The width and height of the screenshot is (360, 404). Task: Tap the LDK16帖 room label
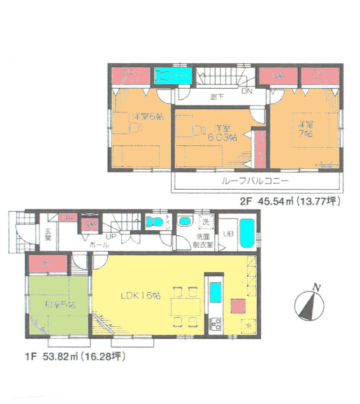click(141, 296)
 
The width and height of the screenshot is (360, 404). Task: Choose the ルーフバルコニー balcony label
click(255, 181)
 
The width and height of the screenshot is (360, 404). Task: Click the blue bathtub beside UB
click(247, 234)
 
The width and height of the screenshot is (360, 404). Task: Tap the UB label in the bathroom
click(228, 234)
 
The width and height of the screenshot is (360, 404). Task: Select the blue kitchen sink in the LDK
click(216, 292)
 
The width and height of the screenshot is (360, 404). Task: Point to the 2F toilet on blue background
click(164, 76)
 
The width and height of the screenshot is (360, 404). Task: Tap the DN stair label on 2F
click(247, 91)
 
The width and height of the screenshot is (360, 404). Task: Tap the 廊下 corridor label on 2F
click(215, 96)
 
